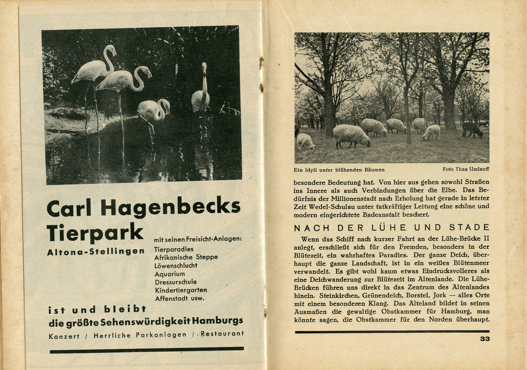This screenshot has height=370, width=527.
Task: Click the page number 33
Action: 485,339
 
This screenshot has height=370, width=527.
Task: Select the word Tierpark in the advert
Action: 95,232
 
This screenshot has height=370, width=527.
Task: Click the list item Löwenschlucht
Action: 176,265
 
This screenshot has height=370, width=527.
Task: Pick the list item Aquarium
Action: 170,274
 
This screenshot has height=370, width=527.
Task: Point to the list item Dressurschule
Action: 176,282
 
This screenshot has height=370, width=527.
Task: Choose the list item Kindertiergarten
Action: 181,290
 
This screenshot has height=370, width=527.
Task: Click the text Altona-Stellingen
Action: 96,252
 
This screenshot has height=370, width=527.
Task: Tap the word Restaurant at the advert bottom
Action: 222,334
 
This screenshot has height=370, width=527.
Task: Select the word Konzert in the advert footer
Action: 64,336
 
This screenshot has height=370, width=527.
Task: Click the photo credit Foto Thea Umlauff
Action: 466,169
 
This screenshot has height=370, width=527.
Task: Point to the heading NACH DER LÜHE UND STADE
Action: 392,228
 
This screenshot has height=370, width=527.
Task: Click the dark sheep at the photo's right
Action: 472,129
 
